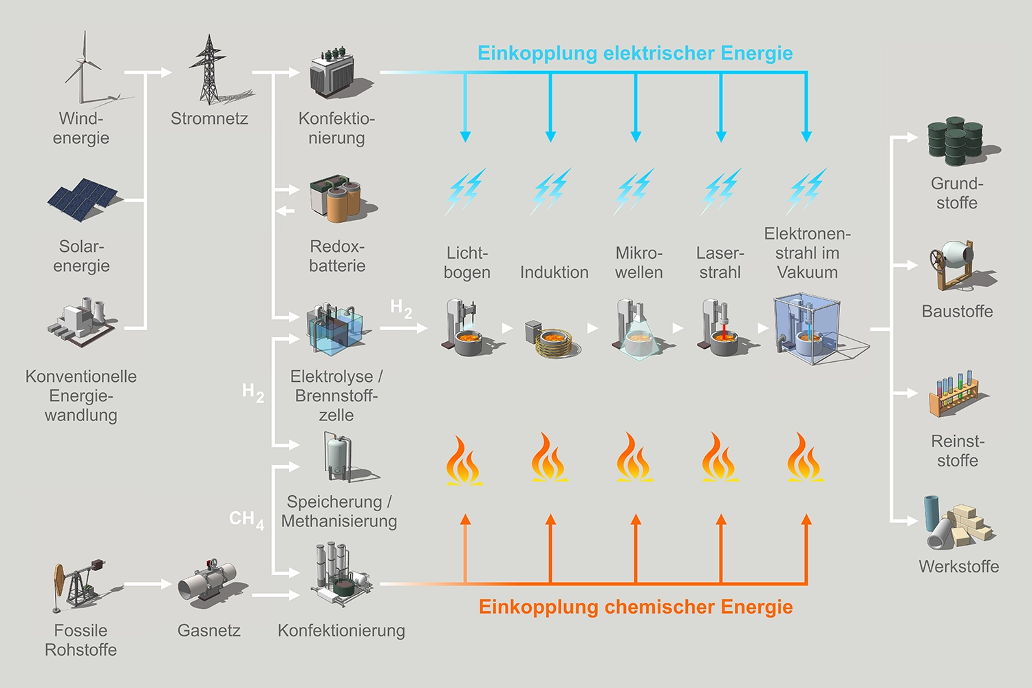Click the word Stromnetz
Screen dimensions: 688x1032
click(x=209, y=118)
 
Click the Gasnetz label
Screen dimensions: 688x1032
click(x=209, y=630)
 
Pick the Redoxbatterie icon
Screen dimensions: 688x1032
click(x=336, y=199)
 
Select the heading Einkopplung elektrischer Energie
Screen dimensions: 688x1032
click(x=635, y=53)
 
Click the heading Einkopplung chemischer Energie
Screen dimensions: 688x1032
click(x=636, y=607)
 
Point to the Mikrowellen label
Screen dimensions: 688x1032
click(x=638, y=263)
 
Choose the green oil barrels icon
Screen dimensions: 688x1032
click(x=956, y=141)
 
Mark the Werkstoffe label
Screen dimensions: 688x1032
click(x=958, y=566)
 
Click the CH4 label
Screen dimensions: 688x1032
click(x=246, y=519)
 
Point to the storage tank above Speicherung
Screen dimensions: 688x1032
click(x=337, y=457)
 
